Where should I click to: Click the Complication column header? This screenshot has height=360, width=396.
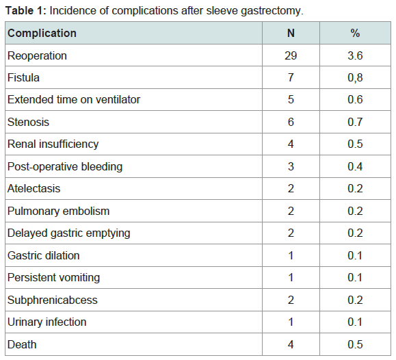[42, 33]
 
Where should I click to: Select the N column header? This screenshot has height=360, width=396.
[291, 33]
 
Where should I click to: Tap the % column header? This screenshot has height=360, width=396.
[355, 33]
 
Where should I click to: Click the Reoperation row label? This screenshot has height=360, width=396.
[37, 56]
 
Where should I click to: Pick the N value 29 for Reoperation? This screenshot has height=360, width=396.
[291, 55]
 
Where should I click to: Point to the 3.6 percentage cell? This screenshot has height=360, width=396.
[355, 55]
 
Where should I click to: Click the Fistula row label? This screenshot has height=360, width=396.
[23, 77]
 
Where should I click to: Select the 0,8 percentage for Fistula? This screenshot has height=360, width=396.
[355, 78]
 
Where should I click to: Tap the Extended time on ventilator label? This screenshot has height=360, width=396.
[74, 100]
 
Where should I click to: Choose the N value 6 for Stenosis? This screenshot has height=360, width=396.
[291, 122]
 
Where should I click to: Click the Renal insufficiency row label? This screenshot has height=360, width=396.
[53, 144]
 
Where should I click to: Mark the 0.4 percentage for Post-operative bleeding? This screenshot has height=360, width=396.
[355, 166]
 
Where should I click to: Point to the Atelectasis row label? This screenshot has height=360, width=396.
[34, 189]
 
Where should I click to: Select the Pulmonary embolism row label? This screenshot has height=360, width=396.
[58, 211]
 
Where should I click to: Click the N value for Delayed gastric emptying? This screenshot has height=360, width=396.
[291, 233]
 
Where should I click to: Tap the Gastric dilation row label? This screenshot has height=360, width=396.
[44, 255]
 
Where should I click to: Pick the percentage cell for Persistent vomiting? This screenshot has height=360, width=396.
[355, 278]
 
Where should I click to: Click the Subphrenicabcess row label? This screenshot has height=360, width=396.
[52, 300]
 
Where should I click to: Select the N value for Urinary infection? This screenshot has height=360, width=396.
[291, 322]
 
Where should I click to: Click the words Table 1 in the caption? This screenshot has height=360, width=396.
[26, 11]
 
